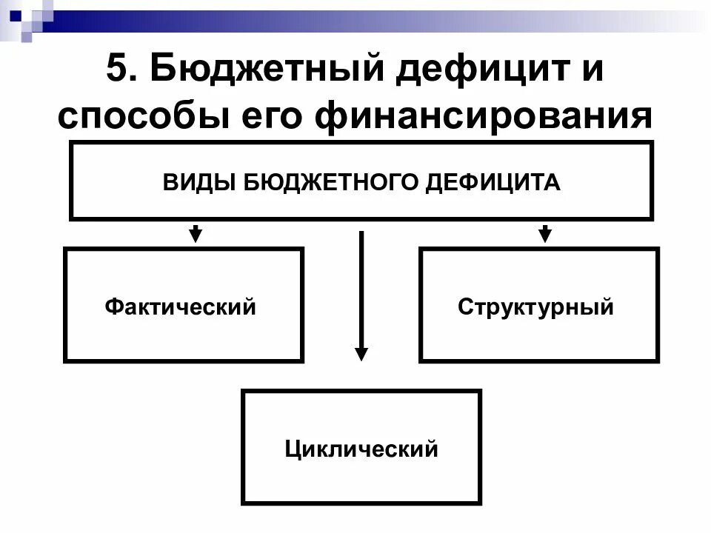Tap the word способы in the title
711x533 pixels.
pyautogui.click(x=144, y=117)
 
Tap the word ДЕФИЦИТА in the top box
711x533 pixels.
pyautogui.click(x=493, y=181)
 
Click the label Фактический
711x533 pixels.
pyautogui.click(x=181, y=306)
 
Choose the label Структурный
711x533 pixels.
pyautogui.click(x=535, y=306)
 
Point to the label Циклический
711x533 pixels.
pyautogui.click(x=361, y=448)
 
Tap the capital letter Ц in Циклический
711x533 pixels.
pyautogui.click(x=293, y=449)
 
